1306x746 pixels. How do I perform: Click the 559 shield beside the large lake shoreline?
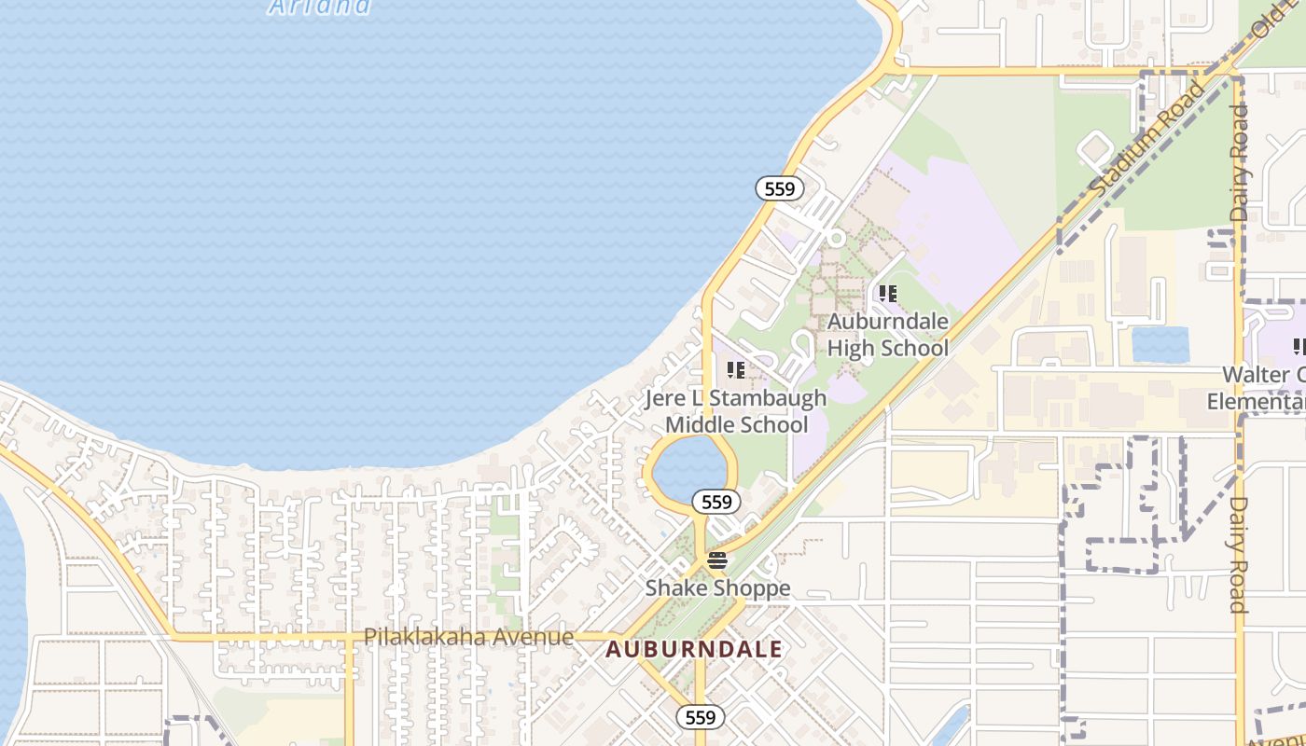[779, 189]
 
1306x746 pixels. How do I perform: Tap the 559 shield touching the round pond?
[716, 502]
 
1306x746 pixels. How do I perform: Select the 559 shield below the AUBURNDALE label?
[700, 716]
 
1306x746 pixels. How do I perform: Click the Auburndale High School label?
[888, 335]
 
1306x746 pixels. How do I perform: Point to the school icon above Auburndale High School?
[888, 294]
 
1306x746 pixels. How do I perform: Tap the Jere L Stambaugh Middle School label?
[736, 411]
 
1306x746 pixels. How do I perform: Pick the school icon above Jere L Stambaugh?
[736, 370]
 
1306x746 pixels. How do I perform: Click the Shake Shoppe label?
[717, 588]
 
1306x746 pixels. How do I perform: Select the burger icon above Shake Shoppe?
[716, 560]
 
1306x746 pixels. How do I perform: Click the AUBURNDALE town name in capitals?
[694, 649]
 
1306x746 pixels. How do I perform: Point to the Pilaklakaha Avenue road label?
[468, 637]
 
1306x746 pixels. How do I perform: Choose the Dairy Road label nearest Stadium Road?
[1238, 162]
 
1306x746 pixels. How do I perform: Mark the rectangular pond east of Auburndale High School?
[1160, 345]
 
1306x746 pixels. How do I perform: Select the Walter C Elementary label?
[1260, 389]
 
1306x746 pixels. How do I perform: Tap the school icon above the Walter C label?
[1299, 348]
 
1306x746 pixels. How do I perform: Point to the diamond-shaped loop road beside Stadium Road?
[1094, 150]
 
